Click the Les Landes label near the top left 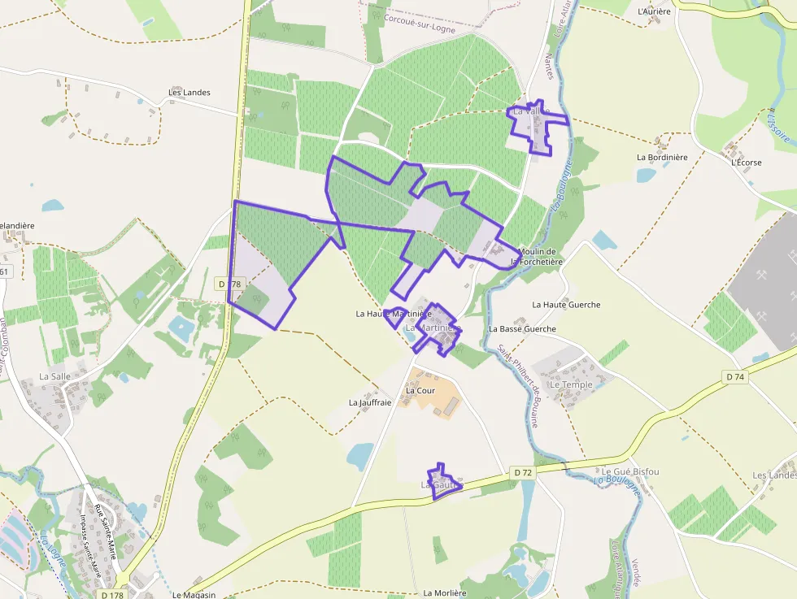[x=189, y=93]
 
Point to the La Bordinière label [x=662, y=157]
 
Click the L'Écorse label [x=746, y=163]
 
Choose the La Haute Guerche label [x=566, y=305]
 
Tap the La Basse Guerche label [x=522, y=329]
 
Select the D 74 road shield [x=734, y=377]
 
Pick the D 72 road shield [x=522, y=472]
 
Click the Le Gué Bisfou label [x=630, y=471]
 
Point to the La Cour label [x=420, y=390]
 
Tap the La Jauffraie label [x=370, y=402]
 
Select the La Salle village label [x=55, y=376]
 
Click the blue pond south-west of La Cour [x=359, y=456]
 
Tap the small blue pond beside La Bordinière [x=647, y=175]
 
